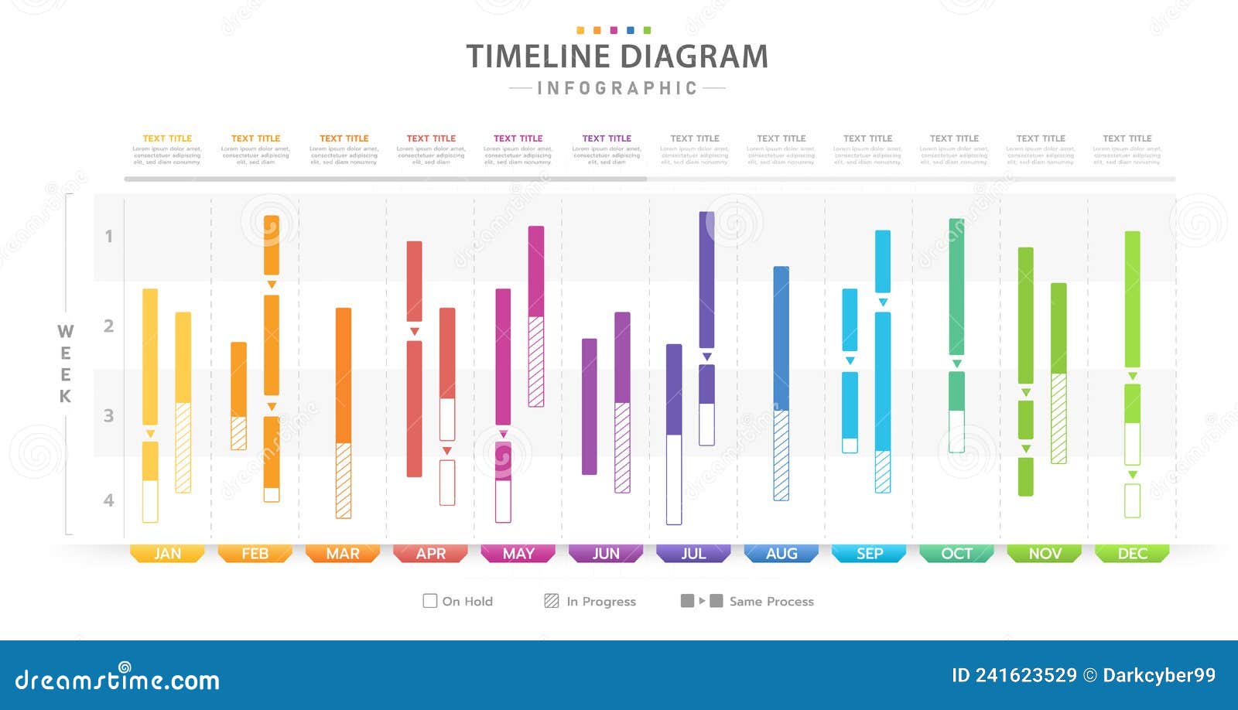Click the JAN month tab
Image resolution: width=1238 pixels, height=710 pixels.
tap(167, 554)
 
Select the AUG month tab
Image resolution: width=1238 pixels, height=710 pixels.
tap(781, 554)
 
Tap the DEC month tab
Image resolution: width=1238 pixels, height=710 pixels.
tap(1132, 554)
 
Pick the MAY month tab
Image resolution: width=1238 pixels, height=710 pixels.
tap(518, 554)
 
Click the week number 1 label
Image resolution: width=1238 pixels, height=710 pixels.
tap(109, 237)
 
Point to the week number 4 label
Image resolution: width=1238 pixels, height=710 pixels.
tap(109, 500)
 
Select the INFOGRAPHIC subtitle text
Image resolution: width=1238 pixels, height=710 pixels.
tap(617, 89)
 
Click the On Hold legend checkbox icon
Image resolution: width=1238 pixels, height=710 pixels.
tap(430, 601)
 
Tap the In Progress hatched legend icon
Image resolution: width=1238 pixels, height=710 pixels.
tap(551, 601)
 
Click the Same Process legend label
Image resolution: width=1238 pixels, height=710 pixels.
tap(771, 602)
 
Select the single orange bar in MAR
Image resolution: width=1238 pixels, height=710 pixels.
tap(344, 412)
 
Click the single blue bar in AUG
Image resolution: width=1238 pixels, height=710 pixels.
tap(781, 383)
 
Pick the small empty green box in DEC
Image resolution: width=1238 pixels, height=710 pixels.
tap(1132, 500)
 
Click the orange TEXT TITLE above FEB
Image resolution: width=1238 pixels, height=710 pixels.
tap(255, 138)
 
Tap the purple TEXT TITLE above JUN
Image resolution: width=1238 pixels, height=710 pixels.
tap(607, 138)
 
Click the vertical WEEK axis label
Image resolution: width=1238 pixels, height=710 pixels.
tap(65, 364)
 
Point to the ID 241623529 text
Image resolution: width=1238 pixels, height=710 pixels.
tap(1014, 675)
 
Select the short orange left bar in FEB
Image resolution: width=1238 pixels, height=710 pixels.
tap(238, 395)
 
